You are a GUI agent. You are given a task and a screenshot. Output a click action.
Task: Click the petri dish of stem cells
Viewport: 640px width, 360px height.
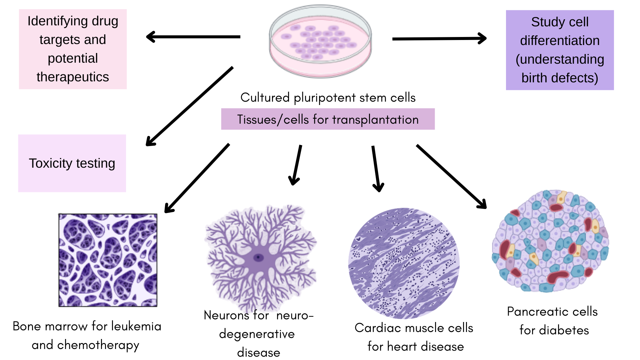click(x=320, y=42)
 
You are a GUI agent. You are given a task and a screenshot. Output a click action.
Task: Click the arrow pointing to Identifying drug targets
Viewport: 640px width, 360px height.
click(x=193, y=37)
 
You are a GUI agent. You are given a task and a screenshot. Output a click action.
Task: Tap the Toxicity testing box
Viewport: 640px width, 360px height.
click(x=72, y=163)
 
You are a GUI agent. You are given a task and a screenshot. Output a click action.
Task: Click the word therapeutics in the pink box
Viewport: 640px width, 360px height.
click(x=73, y=77)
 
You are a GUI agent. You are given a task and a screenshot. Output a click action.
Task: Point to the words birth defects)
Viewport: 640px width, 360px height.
click(x=560, y=78)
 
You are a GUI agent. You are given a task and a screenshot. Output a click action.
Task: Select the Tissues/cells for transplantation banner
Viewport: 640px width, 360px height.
click(x=328, y=119)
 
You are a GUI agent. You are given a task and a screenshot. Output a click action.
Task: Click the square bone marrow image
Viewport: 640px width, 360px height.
click(x=108, y=260)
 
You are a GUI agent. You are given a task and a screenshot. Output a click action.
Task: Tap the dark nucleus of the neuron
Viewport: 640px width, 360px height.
click(x=258, y=257)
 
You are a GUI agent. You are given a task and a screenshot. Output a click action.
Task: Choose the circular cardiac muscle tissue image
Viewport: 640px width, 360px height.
click(x=404, y=263)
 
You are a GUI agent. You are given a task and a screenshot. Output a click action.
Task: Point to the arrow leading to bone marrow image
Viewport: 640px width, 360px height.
click(x=197, y=178)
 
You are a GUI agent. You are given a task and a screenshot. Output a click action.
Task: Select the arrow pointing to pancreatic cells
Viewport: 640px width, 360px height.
click(x=451, y=176)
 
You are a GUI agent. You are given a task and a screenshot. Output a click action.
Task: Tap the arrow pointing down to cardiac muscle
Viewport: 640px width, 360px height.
click(x=376, y=169)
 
